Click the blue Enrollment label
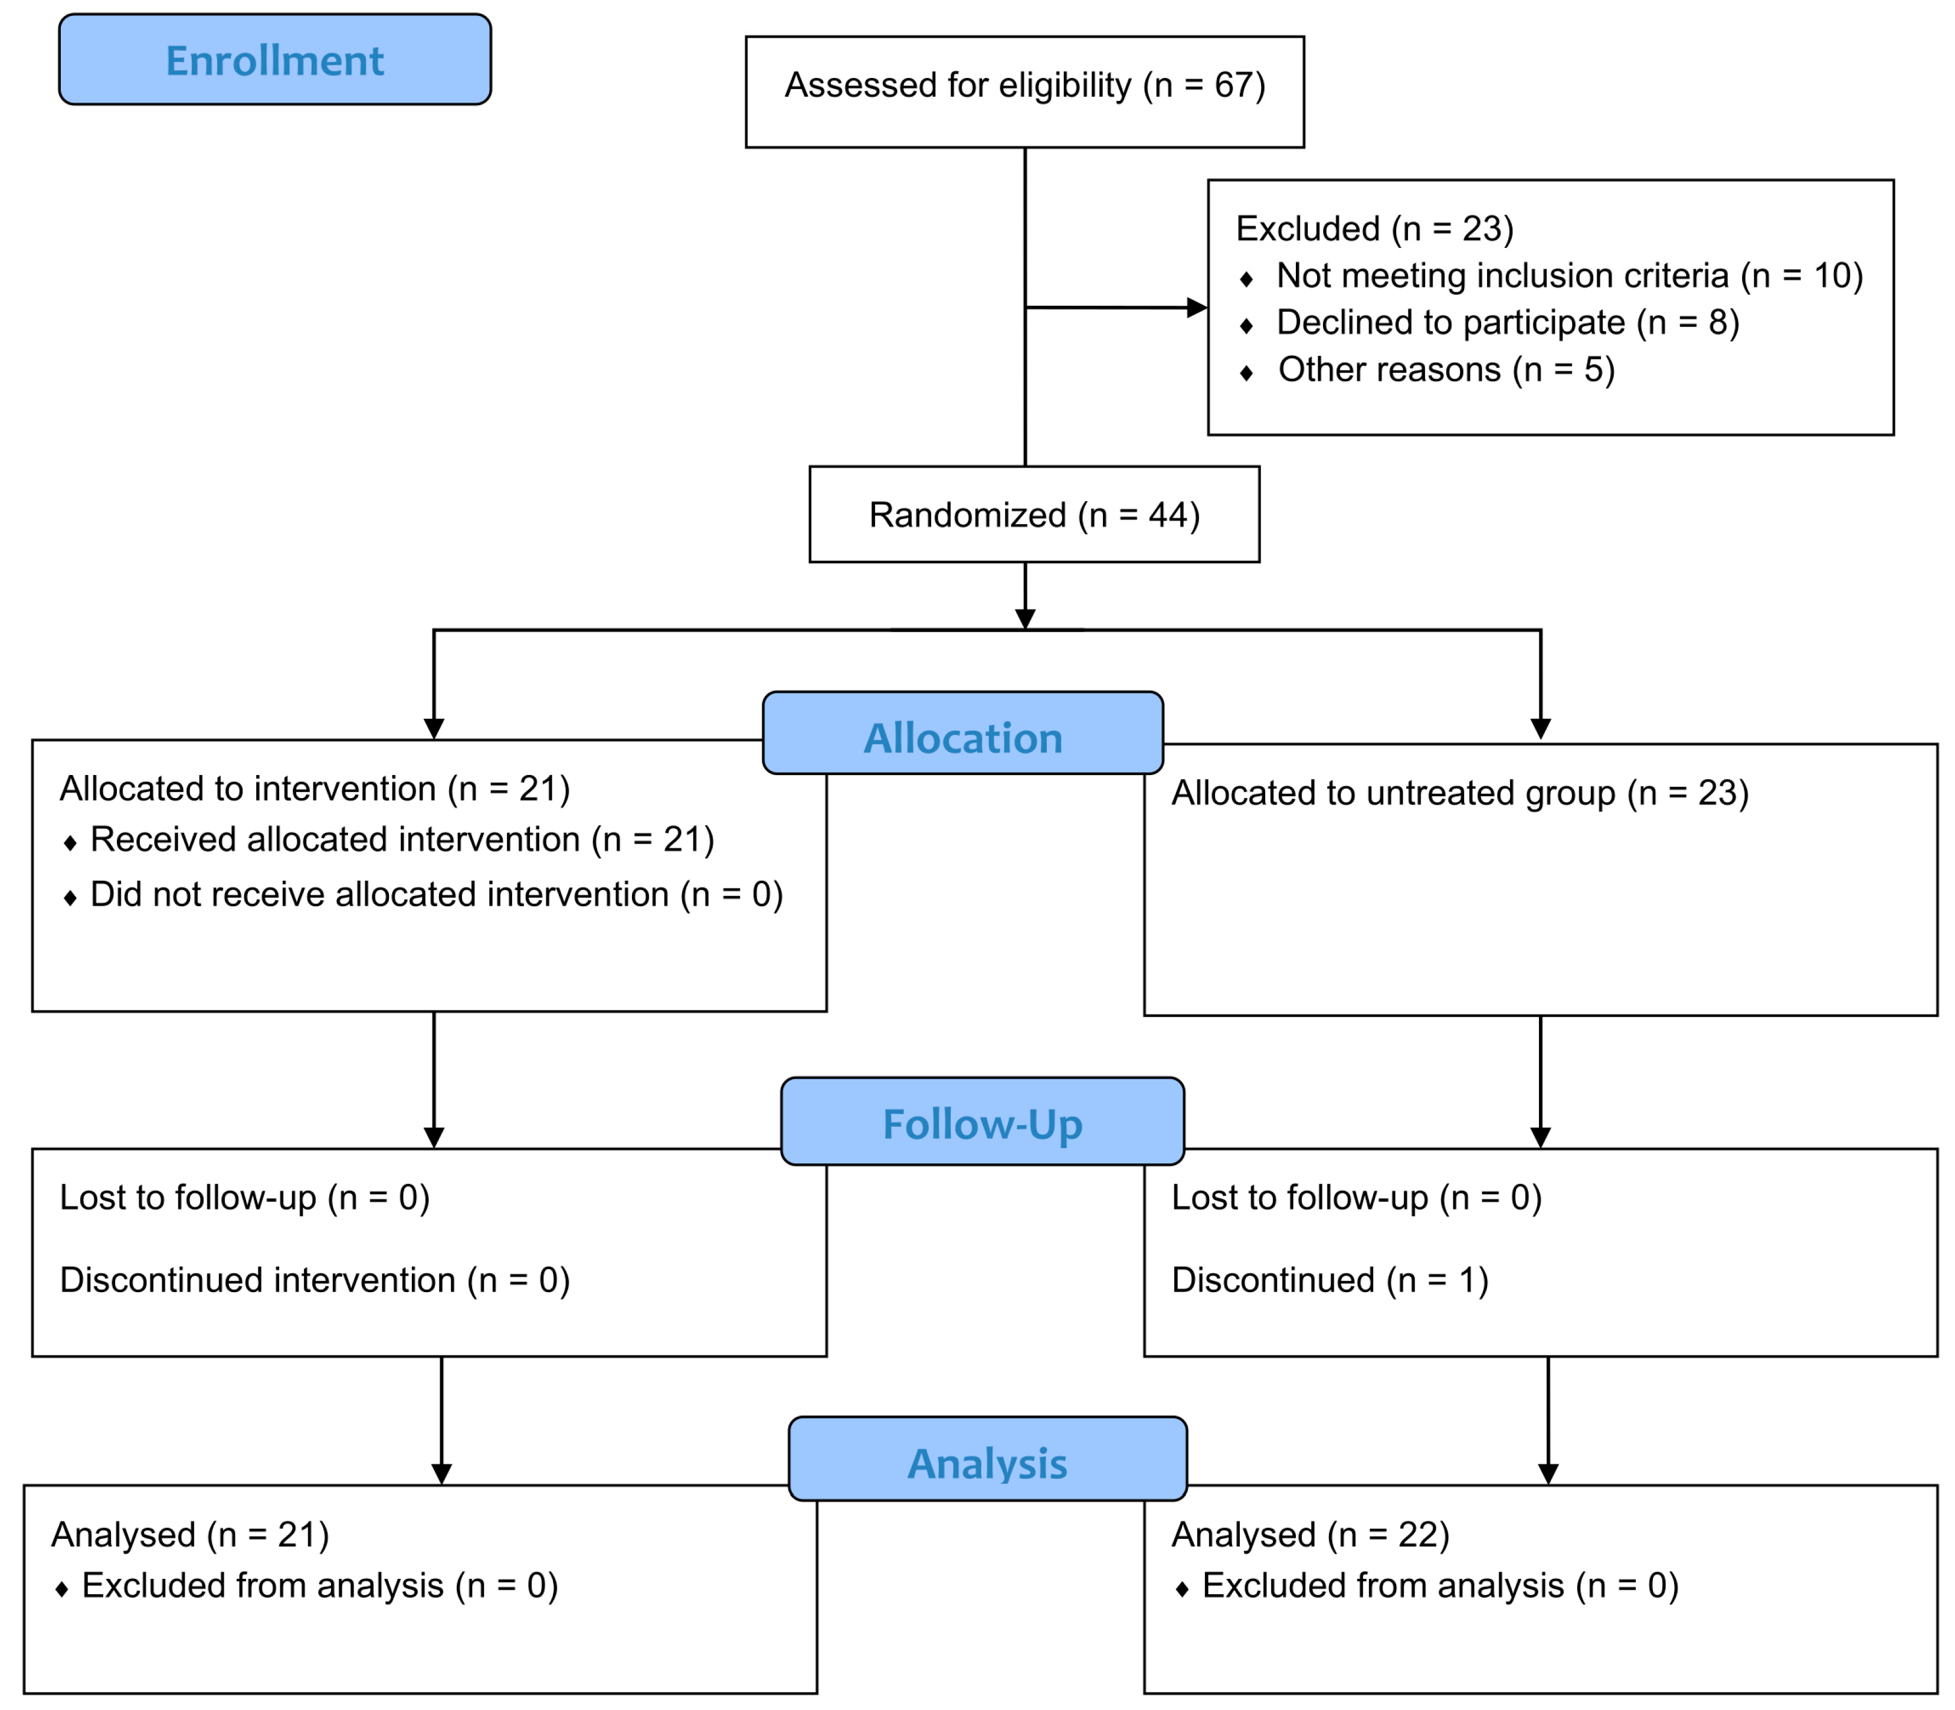pos(275,59)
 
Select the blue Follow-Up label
pos(983,1122)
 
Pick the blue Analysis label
pos(987,1458)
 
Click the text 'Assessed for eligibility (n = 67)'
pos(1025,86)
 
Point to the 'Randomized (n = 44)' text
pos(1034,515)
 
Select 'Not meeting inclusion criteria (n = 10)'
pos(1570,276)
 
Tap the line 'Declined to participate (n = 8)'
pos(1508,322)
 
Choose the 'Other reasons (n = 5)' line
pos(1446,370)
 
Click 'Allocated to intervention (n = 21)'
pos(315,789)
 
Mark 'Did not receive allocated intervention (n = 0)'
pos(436,895)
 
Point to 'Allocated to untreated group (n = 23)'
pos(1460,793)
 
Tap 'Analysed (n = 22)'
pos(1310,1535)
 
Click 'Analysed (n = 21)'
pos(190,1535)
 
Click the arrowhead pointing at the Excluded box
pos(1197,308)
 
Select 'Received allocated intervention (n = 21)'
pos(402,840)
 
